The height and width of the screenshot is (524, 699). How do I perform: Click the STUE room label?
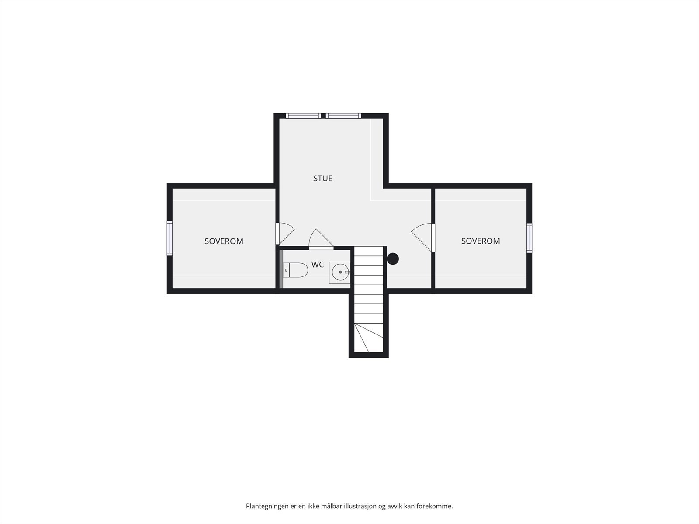[323, 178]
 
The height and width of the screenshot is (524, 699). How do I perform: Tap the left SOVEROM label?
[224, 241]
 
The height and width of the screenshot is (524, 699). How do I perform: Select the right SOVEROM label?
[481, 241]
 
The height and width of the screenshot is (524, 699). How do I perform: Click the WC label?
[318, 265]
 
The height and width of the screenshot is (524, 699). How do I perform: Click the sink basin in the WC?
[340, 272]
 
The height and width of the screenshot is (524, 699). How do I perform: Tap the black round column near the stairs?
[393, 259]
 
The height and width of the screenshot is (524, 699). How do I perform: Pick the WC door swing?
[320, 239]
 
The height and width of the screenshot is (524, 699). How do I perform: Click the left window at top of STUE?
[303, 116]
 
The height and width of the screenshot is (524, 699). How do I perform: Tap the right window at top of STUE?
[343, 116]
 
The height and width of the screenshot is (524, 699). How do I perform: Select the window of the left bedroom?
[170, 238]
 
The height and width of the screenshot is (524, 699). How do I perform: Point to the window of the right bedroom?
[529, 238]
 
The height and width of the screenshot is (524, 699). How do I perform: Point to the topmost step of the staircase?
[369, 252]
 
